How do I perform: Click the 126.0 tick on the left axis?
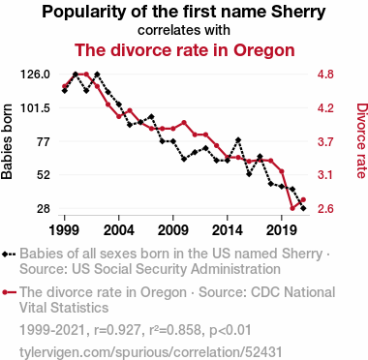[x=35, y=75]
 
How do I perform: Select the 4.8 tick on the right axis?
[x=325, y=75]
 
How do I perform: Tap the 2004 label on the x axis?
[x=119, y=230]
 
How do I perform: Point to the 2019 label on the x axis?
[x=282, y=230]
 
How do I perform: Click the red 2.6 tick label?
[x=325, y=209]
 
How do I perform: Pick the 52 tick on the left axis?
[x=43, y=175]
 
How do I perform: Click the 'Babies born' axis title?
[x=7, y=141]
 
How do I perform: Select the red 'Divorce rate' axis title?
[x=361, y=140]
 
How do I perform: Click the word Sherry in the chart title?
[x=298, y=12]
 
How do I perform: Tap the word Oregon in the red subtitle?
[x=264, y=50]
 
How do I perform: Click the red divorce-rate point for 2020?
[x=292, y=208]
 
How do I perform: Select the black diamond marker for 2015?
[x=238, y=140]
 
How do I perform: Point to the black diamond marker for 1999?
[x=65, y=91]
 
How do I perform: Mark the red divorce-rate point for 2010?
[x=184, y=123]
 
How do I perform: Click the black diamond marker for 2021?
[x=303, y=208]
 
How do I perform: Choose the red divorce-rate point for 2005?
[x=130, y=110]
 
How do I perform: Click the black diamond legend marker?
[x=5, y=254]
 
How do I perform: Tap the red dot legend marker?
[x=5, y=292]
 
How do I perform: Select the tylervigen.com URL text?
[x=151, y=352]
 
